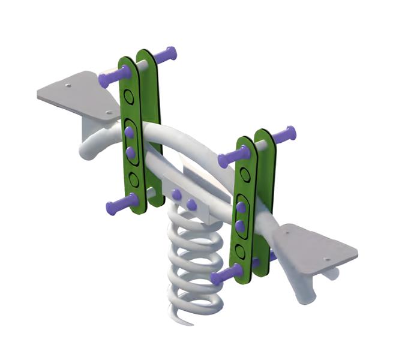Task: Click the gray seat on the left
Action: [x=75, y=96]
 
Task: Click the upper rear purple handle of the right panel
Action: [x=283, y=134]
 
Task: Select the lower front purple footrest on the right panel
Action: [x=226, y=275]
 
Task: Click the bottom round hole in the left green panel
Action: [x=134, y=179]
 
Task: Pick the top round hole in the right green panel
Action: [x=245, y=175]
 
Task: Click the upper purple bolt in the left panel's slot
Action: [x=129, y=133]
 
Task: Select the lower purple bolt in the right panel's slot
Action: [x=239, y=226]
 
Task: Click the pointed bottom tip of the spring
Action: [x=191, y=323]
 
